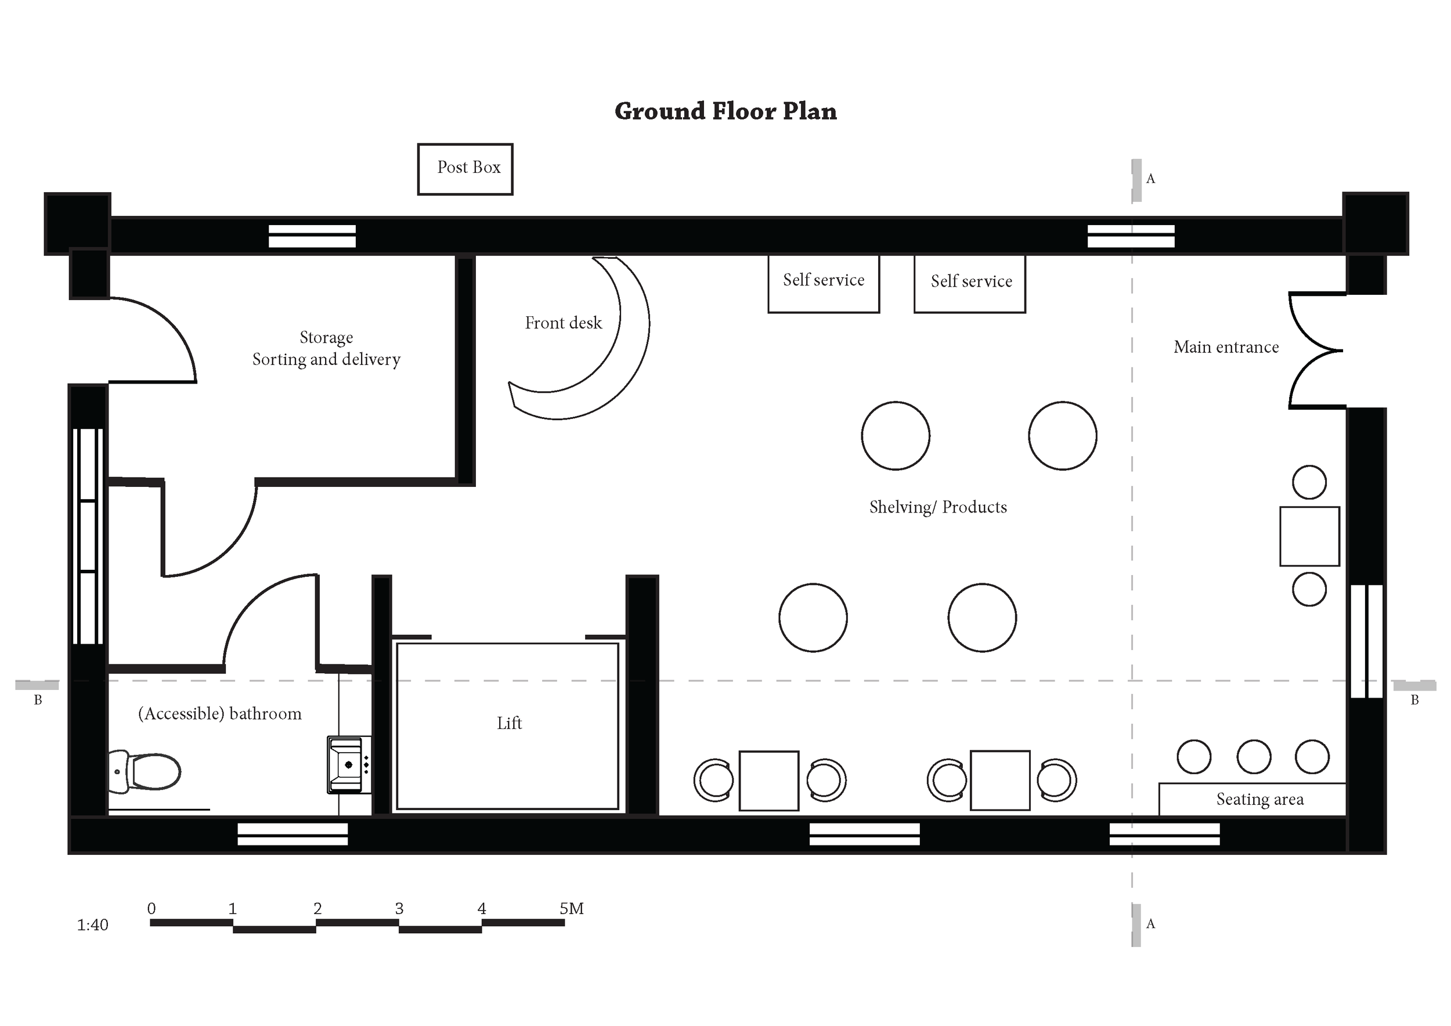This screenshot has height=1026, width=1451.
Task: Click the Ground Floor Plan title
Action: coord(725,111)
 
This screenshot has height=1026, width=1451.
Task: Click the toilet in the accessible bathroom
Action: coord(145,771)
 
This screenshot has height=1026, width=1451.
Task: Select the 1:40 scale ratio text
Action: coord(92,925)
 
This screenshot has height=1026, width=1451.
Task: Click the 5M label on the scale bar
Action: coord(571,909)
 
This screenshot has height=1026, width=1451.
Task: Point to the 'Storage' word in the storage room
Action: coord(326,337)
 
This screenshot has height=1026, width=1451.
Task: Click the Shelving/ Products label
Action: coord(938,507)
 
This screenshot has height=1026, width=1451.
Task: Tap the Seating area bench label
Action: coord(1259,799)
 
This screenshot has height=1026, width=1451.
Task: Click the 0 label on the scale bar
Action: coord(151,909)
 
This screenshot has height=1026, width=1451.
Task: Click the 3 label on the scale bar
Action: coord(399,909)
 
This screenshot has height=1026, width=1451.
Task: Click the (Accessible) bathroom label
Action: coord(220,714)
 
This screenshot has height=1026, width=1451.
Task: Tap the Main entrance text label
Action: coord(1226,347)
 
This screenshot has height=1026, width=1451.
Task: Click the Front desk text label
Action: coord(563,323)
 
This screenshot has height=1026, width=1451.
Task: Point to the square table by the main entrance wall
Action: coord(1309,536)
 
